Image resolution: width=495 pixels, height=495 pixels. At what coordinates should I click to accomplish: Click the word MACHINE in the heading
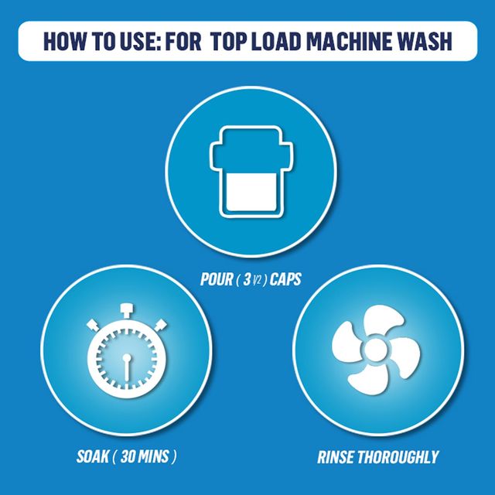coord(348,41)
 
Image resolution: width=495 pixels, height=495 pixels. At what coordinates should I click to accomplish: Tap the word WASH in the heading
coord(423,41)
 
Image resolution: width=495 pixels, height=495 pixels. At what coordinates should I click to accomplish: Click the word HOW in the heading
coord(64,41)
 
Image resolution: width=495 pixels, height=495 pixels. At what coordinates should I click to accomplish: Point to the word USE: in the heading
coord(141,41)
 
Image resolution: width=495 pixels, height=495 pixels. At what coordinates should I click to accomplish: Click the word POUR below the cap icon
coord(217,279)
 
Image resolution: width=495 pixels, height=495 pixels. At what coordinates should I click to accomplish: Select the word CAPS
coord(285,279)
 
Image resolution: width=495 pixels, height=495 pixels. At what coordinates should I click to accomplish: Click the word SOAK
coord(93,456)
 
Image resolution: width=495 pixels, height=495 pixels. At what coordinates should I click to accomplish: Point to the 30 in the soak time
coord(128,456)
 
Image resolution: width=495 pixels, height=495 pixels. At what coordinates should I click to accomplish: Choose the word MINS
coord(154,456)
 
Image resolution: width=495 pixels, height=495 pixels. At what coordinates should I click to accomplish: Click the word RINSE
coord(335,457)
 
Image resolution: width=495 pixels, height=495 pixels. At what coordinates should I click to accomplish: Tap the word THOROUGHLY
coord(398,457)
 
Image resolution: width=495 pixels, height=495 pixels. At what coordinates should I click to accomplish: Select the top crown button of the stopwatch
coord(127,311)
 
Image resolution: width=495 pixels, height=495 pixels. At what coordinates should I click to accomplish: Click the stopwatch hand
coord(127,367)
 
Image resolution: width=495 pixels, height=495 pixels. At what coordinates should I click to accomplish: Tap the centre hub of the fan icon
coord(376,350)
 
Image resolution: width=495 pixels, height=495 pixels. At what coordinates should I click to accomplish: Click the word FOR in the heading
coord(183,41)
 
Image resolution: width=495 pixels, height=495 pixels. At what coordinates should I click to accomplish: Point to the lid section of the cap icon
coord(251,148)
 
